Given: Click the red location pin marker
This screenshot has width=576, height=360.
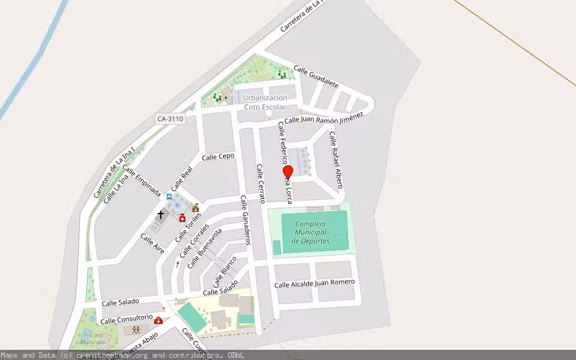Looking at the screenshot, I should click(288, 173).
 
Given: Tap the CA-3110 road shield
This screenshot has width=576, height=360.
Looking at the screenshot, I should click(170, 119).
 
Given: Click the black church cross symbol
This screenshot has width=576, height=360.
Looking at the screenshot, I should click(161, 214).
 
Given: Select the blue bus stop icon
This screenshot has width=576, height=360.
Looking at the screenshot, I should click(169, 196).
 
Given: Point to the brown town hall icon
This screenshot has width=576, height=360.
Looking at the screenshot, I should click(196, 208).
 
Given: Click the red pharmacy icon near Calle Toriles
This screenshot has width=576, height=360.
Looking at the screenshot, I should click(182, 218).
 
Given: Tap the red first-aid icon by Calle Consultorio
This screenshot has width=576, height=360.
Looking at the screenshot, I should click(158, 321).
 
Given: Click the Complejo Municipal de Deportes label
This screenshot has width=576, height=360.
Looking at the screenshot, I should click(310, 233).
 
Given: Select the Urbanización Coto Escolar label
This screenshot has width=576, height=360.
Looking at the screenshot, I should click(266, 102).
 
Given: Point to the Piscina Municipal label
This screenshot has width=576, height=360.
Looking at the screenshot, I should click(93, 338).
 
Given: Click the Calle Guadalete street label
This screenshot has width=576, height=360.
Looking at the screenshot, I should click(316, 76).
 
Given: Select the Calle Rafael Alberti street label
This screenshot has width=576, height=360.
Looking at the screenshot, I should click(336, 159).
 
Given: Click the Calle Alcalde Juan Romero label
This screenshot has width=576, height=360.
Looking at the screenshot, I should click(314, 283).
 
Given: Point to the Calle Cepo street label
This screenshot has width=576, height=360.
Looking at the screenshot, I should click(218, 157).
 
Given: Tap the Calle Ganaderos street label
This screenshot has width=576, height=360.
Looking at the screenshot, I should click(245, 220).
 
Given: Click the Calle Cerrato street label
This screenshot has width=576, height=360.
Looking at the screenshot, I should click(260, 183).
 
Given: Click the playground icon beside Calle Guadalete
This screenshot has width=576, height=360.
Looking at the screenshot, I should click(282, 74).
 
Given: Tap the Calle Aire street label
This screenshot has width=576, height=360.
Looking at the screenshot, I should click(152, 243).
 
